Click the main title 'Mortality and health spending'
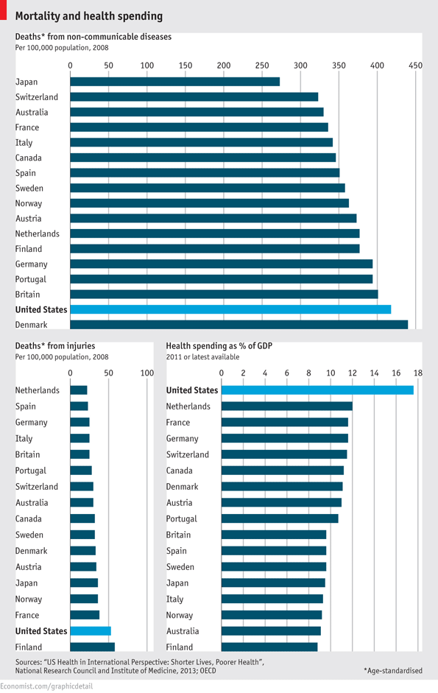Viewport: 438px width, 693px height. click(89, 15)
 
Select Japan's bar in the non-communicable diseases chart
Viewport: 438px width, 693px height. click(174, 82)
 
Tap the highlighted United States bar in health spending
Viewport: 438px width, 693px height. click(317, 390)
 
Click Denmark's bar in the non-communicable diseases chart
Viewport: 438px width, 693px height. click(239, 325)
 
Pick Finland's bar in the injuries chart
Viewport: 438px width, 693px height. click(92, 647)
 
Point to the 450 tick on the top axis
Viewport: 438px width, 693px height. click(415, 66)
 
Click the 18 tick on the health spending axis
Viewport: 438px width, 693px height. click(417, 373)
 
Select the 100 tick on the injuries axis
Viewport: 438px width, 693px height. click(146, 373)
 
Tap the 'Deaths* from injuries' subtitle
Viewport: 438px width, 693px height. click(55, 345)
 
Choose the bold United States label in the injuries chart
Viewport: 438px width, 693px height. click(41, 631)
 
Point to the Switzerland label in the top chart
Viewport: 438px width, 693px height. click(37, 97)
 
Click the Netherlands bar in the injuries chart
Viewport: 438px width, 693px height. click(78, 390)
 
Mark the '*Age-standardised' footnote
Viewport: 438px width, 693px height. click(392, 671)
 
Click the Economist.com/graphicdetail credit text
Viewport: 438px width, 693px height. click(51, 686)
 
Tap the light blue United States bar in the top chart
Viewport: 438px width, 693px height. click(230, 310)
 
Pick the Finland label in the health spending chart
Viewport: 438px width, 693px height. click(180, 647)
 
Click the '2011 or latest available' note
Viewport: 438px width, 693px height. click(202, 356)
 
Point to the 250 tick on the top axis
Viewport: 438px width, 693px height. click(262, 66)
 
